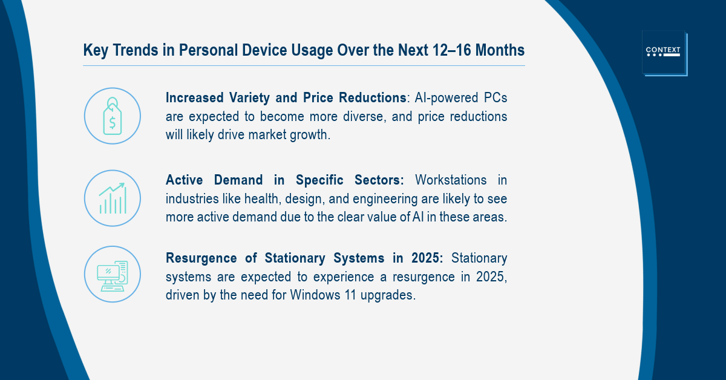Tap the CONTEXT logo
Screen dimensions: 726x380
coord(664,53)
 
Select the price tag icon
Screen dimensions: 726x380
coord(113,116)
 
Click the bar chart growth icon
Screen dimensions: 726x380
coord(113,198)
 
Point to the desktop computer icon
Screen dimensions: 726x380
coord(113,276)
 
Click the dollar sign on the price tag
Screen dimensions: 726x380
coord(113,123)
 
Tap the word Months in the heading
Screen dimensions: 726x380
coord(500,50)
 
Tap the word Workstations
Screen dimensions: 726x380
coord(451,180)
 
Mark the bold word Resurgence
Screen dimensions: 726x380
coord(201,258)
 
